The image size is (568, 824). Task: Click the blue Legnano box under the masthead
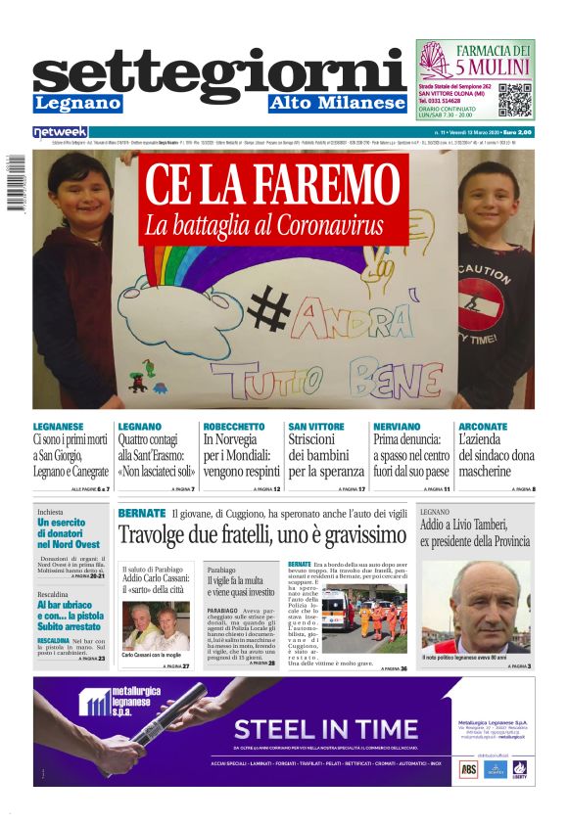point(77,104)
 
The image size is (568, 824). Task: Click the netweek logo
point(60,131)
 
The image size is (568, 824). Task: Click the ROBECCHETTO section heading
point(233,427)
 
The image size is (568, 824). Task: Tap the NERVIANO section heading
point(400,427)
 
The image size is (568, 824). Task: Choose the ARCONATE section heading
point(483,427)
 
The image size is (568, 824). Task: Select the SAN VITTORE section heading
point(316,427)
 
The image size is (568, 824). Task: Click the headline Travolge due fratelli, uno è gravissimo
point(261,535)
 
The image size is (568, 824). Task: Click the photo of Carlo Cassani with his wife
point(156,624)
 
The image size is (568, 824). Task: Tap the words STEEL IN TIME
point(311,728)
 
